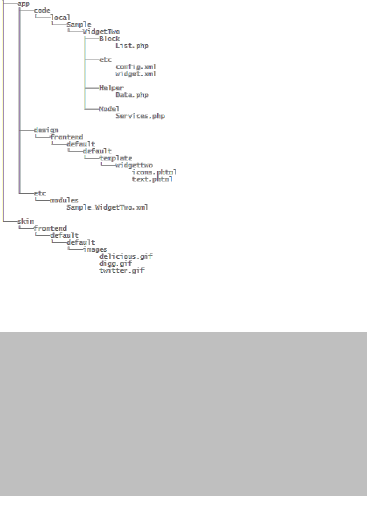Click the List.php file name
point(132,46)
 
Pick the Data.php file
point(132,95)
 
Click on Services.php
point(140,116)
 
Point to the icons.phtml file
point(154,172)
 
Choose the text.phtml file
point(152,179)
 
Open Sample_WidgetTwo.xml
point(107,207)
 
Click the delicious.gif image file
point(126,256)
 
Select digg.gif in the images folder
point(116,263)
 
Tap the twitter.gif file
point(122,270)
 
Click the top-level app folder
point(23,4)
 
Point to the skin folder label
point(25,221)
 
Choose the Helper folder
point(111,88)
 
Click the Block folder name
point(109,39)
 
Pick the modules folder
point(64,200)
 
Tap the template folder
point(116,158)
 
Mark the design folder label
point(46,130)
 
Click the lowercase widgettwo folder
point(134,165)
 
